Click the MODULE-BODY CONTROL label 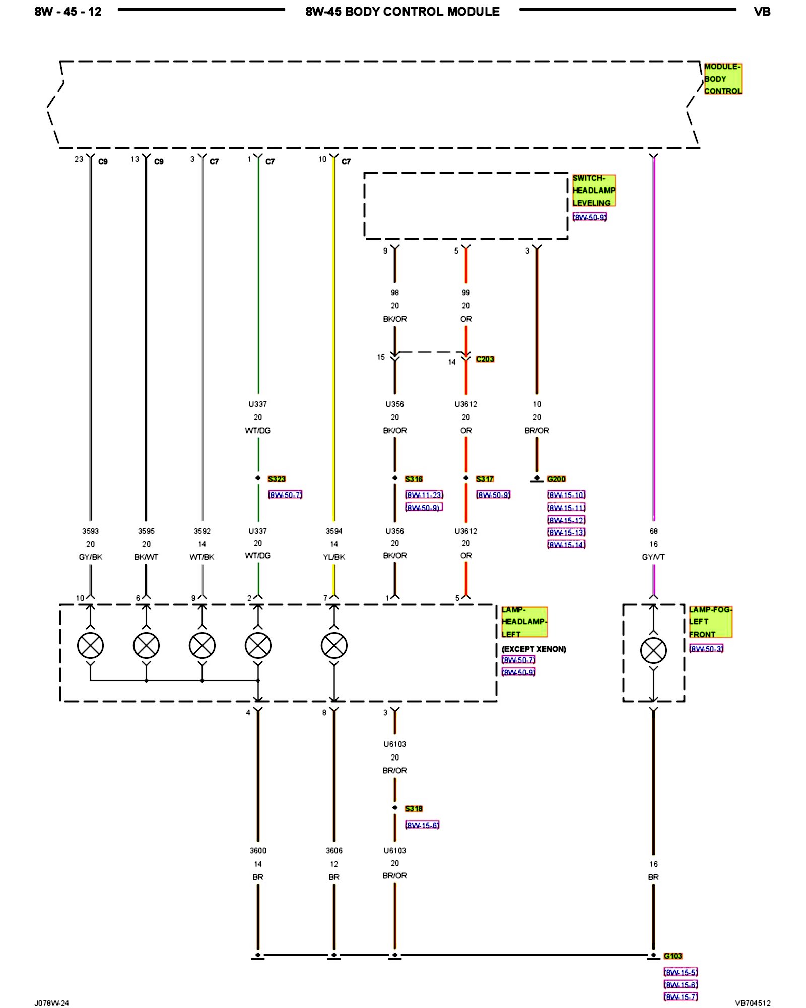pos(722,79)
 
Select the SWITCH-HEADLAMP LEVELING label pos(593,191)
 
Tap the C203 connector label pos(485,359)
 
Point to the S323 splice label pos(277,479)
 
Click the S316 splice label pos(414,479)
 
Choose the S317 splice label pos(485,479)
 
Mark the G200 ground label pos(556,479)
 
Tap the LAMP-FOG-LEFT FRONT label pos(710,622)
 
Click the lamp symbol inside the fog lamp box pos(653,650)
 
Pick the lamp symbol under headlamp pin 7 pos(334,646)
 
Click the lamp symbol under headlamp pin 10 pos(91,646)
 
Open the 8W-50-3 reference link pos(706,649)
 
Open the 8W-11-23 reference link pos(424,495)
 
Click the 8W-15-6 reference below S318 pos(422,825)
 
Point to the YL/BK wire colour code pos(334,557)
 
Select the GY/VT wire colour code pos(653,557)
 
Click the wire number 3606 pos(334,851)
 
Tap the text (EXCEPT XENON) pos(533,649)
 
